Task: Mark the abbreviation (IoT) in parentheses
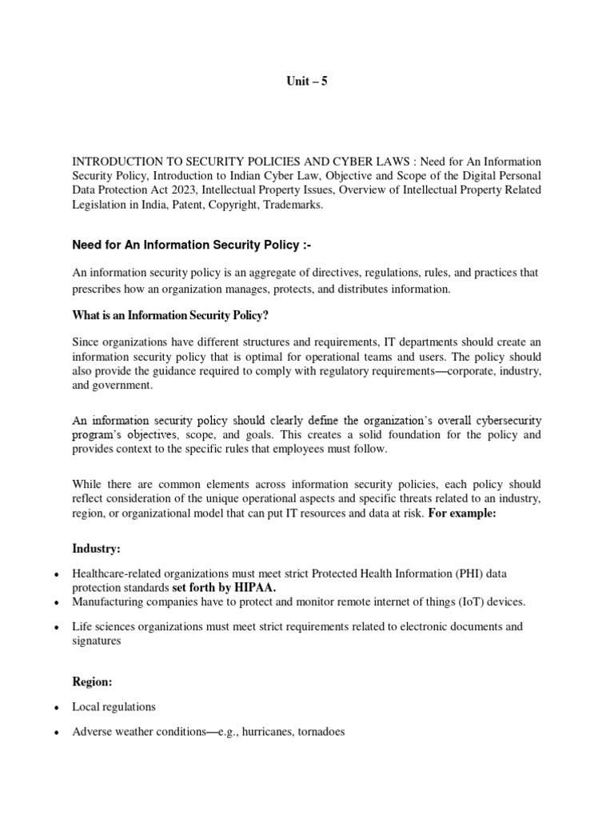[x=464, y=601]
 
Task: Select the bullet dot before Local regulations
[x=54, y=709]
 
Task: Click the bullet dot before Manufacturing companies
[x=54, y=602]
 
